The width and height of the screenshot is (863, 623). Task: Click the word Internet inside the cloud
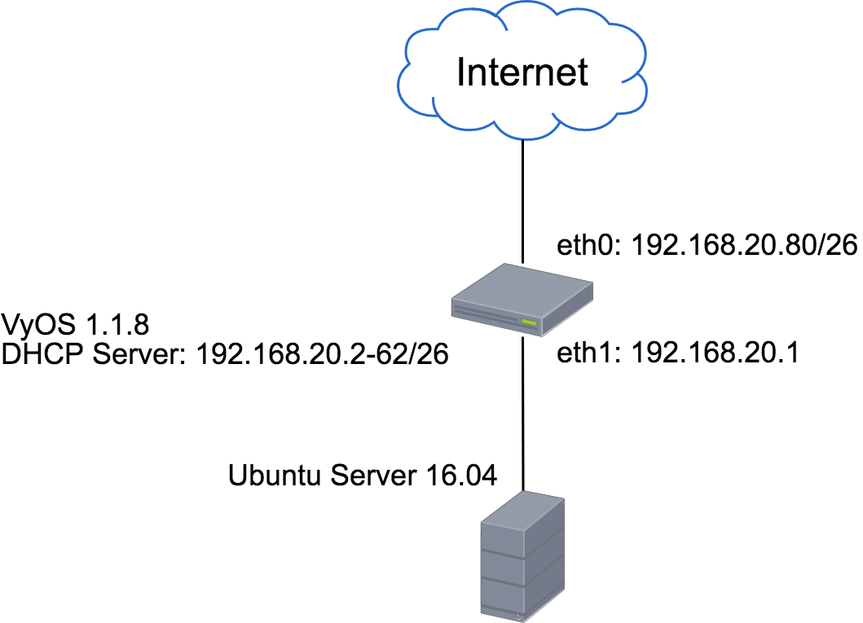pyautogui.click(x=522, y=72)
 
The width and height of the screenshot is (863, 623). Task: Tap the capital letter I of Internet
pyautogui.click(x=460, y=72)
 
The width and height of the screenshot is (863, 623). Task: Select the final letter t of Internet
pyautogui.click(x=581, y=73)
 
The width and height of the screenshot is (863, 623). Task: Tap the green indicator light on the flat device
pyautogui.click(x=529, y=323)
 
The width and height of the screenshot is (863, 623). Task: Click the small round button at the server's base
pyautogui.click(x=518, y=616)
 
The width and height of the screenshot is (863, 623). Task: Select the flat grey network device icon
pyautogui.click(x=522, y=300)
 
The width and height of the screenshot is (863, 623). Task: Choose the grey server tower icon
pyautogui.click(x=522, y=557)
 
